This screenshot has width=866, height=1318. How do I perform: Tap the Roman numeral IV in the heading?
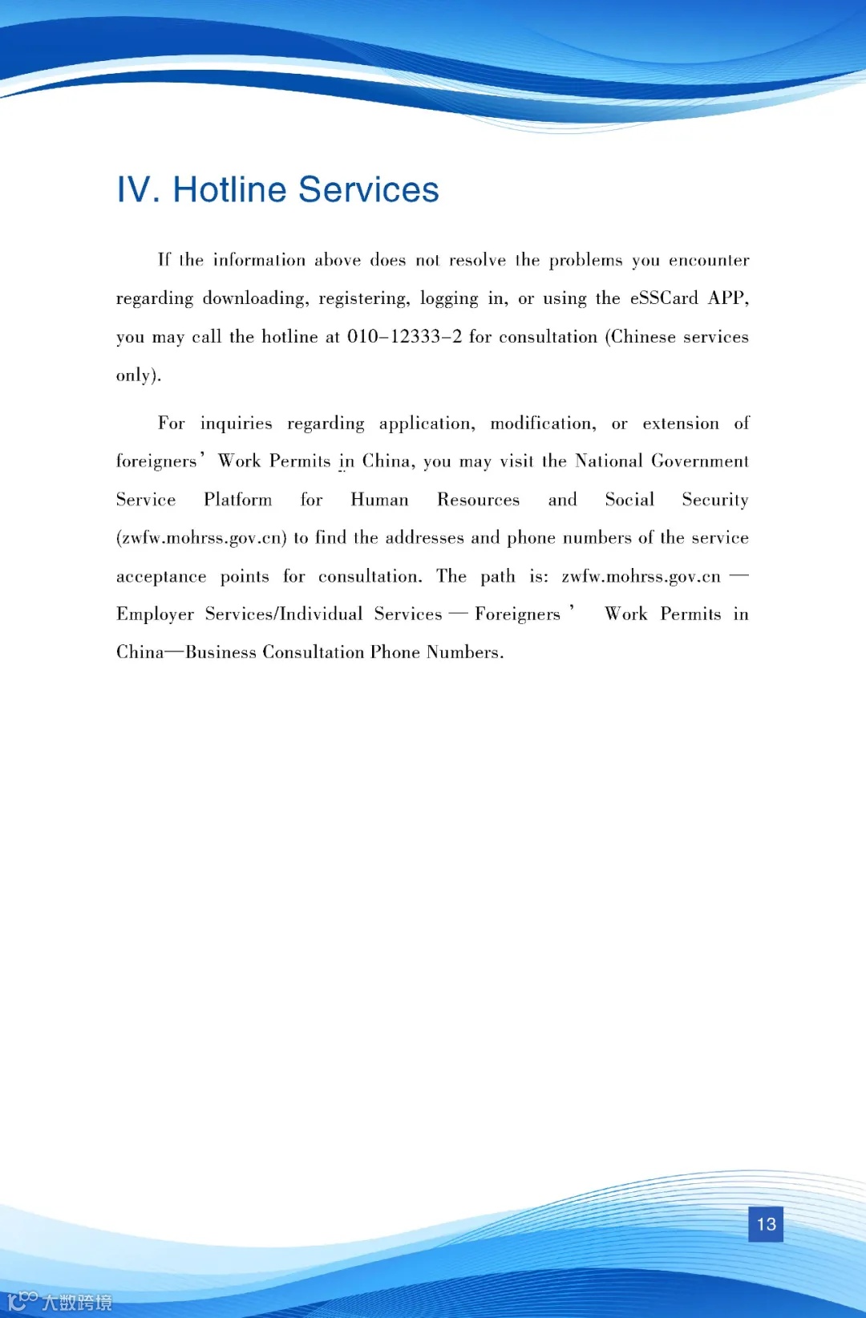134,190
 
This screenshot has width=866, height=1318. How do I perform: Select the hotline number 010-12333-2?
404,337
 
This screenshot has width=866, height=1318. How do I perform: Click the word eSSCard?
664,298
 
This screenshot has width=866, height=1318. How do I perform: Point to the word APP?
728,298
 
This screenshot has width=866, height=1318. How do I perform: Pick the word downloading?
255,298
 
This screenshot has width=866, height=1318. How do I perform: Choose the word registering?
364,298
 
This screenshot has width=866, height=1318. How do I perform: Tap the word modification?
543,424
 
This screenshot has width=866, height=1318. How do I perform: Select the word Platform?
237,500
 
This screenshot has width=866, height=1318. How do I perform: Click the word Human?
379,500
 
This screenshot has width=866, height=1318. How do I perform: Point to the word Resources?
478,500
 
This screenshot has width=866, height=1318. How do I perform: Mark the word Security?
714,500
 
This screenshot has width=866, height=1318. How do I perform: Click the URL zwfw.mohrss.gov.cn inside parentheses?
202,538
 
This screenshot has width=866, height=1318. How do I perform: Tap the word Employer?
155,614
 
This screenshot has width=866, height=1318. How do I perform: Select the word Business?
221,652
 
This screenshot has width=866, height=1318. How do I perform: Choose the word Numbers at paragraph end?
464,652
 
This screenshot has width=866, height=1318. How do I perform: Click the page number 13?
766,1224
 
